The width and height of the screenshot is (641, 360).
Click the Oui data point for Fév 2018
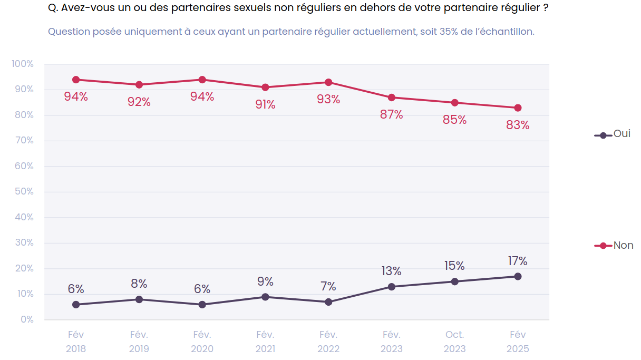[x=76, y=305]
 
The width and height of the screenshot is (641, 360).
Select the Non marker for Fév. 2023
[x=392, y=98]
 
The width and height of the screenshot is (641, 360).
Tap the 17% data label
[x=518, y=261]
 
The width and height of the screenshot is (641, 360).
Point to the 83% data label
[x=518, y=125]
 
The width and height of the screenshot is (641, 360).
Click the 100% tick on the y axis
[x=23, y=64]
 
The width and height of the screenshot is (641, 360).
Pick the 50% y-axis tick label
[x=24, y=191]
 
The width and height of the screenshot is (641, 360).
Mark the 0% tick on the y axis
[x=27, y=319]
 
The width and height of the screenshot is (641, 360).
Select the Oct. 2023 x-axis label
[x=454, y=342]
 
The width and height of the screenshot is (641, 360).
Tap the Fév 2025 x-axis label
[x=518, y=342]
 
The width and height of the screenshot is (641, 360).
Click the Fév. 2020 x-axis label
[x=202, y=342]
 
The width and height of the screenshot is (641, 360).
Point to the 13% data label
[x=392, y=271]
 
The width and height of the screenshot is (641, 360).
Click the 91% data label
[x=265, y=105]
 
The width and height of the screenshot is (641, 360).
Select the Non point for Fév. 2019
[x=139, y=85]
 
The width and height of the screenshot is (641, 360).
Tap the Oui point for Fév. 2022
[x=328, y=302]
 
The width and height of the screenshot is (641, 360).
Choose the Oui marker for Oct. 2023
[x=454, y=281]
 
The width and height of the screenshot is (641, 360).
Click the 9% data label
[x=265, y=281]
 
